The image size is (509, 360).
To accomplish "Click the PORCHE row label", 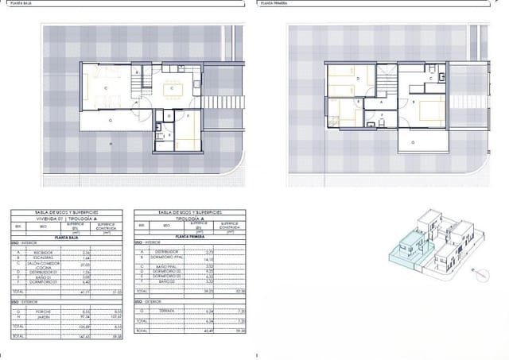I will [38, 311].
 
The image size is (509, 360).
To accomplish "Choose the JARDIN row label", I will [38, 315].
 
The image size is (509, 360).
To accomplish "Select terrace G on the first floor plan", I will [413, 141].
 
